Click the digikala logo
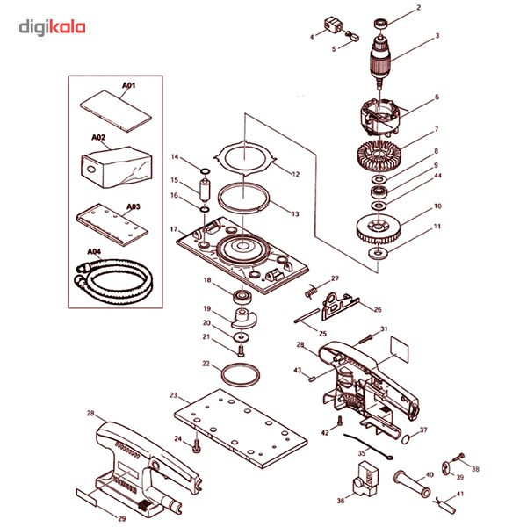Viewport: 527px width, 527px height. (x=52, y=29)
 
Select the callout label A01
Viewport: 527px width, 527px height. (x=129, y=85)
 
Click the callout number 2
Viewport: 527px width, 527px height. (x=418, y=7)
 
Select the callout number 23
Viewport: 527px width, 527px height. (x=174, y=395)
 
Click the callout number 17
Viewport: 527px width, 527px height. (x=174, y=230)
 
